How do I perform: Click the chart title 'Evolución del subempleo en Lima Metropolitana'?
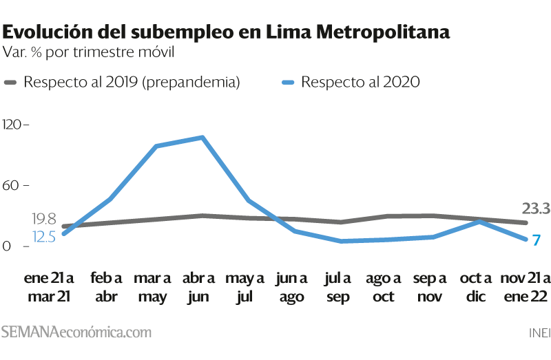(226, 32)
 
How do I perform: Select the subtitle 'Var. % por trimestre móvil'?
(88, 52)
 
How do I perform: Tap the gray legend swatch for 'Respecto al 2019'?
(10, 83)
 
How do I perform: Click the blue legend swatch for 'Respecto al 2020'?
(288, 83)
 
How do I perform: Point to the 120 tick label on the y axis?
(12, 125)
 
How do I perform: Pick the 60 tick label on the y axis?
(10, 185)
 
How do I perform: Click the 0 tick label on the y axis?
(7, 246)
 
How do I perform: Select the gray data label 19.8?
(44, 219)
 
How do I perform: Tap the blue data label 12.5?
(44, 237)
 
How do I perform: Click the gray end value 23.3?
(536, 209)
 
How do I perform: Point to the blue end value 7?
(536, 240)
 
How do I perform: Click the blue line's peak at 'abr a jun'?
(202, 138)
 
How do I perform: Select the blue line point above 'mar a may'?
(156, 146)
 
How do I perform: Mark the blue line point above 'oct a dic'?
(479, 221)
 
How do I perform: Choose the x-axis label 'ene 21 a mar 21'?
(49, 287)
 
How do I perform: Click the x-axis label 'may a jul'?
(245, 287)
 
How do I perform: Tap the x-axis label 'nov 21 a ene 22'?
(526, 287)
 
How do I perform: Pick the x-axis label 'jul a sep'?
(337, 287)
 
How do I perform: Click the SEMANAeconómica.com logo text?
(76, 332)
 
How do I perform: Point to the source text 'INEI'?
(540, 333)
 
